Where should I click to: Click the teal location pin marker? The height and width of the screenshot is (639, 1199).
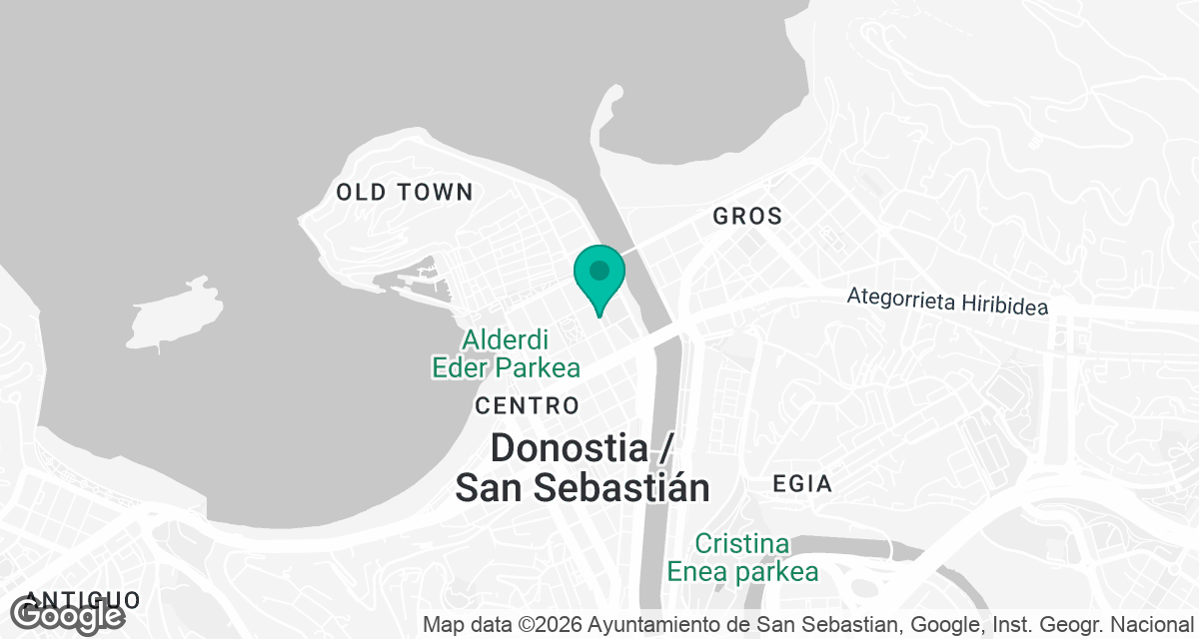click(x=599, y=275)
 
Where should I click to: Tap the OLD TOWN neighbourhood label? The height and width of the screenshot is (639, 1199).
click(x=404, y=193)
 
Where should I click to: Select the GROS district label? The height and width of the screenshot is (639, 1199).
click(x=746, y=216)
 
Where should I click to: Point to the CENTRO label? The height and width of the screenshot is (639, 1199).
click(x=528, y=405)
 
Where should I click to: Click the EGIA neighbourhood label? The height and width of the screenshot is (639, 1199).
click(x=802, y=484)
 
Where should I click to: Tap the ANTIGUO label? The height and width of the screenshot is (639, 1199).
click(x=84, y=600)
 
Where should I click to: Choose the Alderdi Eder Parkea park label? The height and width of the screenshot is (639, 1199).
click(x=506, y=353)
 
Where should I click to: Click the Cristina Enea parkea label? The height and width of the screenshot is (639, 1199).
click(x=742, y=558)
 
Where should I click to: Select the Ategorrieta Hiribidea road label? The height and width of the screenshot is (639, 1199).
click(x=947, y=301)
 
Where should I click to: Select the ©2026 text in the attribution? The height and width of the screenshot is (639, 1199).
click(x=551, y=625)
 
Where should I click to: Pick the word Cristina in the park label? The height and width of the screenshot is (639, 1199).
click(x=742, y=545)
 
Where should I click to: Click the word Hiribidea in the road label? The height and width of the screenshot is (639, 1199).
click(x=999, y=303)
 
